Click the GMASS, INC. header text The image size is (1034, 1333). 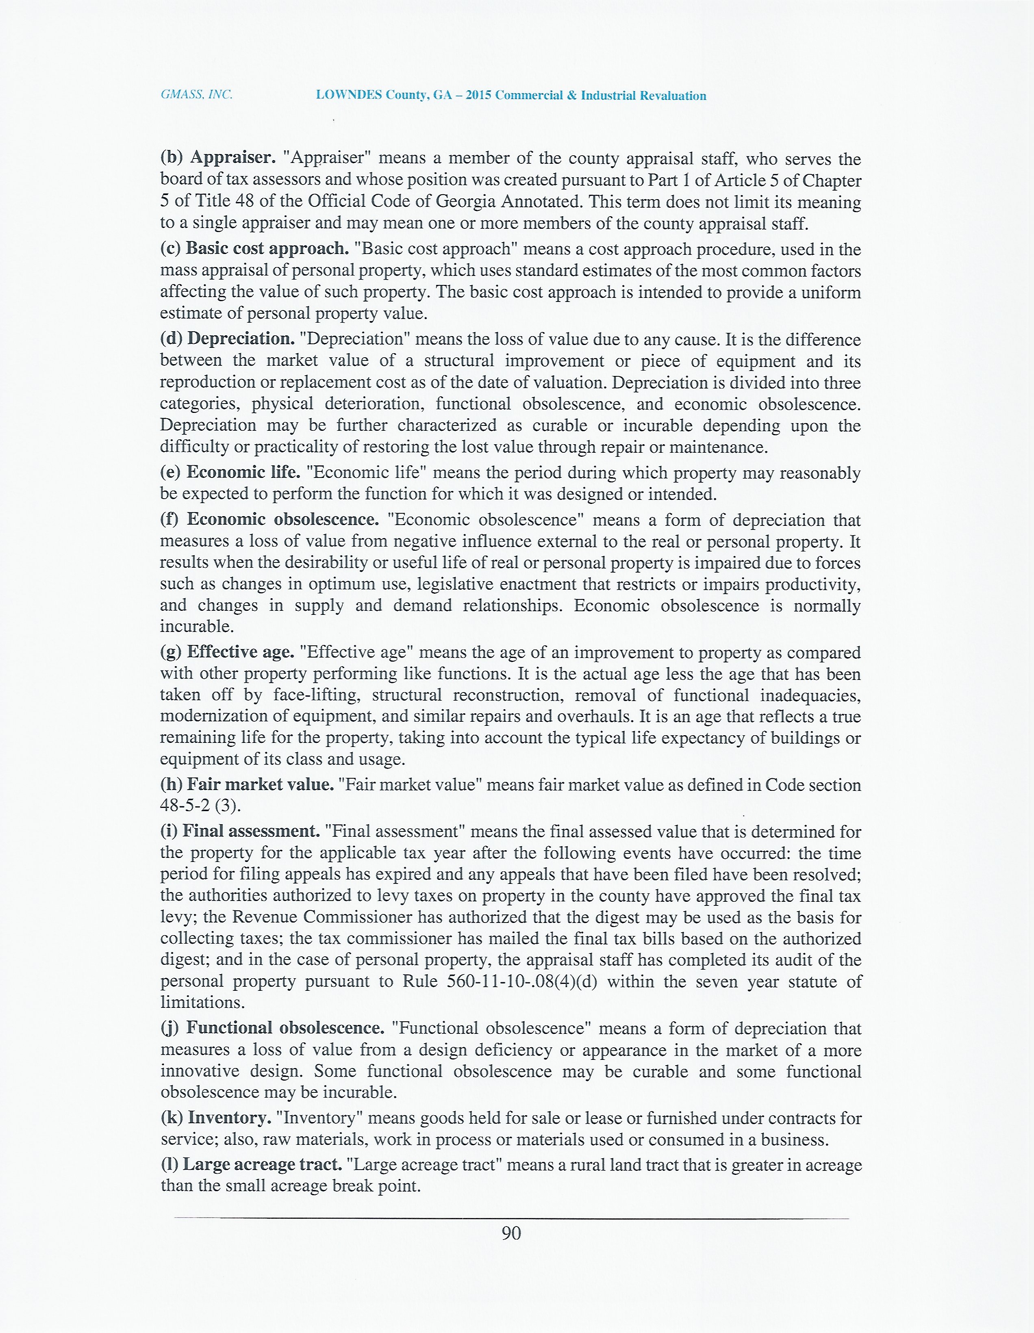[196, 95]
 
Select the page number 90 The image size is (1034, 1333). [511, 1233]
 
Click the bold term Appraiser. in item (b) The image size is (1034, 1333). [232, 157]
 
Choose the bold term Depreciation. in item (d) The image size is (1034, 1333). [241, 339]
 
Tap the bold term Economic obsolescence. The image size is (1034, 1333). [282, 519]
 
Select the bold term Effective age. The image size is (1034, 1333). [241, 652]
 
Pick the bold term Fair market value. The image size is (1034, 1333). [261, 784]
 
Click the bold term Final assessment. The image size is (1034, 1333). [251, 831]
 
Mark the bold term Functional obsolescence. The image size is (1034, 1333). [285, 1028]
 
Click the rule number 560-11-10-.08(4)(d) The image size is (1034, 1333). [522, 981]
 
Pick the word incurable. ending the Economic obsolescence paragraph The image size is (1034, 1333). [197, 627]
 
